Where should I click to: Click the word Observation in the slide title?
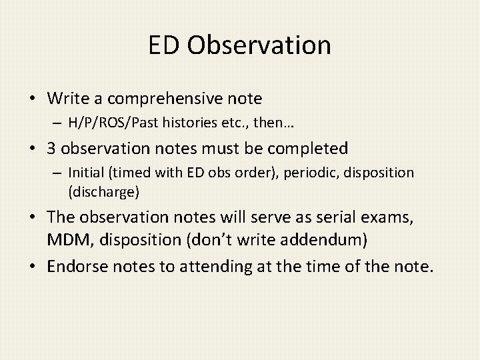tap(259, 45)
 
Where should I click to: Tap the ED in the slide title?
tap(165, 45)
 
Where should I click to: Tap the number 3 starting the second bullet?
tap(51, 148)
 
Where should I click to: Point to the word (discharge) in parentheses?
tap(103, 192)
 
